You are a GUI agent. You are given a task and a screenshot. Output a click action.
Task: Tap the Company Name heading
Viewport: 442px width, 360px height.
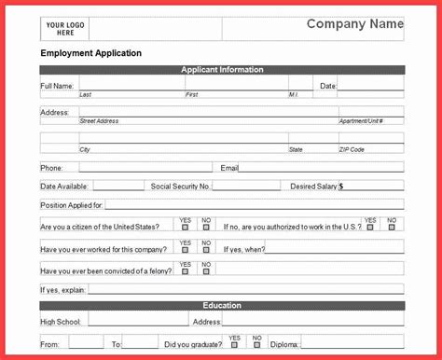point(355,24)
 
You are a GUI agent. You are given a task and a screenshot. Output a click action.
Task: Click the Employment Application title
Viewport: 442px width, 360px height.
point(91,53)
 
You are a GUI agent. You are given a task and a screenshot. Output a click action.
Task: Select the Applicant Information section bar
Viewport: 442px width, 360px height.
point(222,70)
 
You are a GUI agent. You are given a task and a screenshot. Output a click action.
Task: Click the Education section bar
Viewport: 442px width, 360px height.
point(222,306)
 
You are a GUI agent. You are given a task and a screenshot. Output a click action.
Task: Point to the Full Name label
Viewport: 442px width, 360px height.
point(57,86)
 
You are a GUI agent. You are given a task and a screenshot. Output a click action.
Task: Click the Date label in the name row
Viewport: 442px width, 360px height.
point(328,86)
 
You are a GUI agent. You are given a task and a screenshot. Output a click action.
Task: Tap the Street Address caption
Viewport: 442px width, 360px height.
point(101,121)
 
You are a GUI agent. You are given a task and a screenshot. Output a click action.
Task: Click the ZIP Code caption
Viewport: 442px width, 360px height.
point(352,149)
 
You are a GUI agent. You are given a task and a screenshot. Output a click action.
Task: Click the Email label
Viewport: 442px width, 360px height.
point(229,168)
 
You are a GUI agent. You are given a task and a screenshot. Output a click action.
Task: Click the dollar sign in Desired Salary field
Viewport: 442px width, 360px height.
point(341,187)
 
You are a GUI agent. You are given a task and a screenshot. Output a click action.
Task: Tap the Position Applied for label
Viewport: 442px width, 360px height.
point(72,204)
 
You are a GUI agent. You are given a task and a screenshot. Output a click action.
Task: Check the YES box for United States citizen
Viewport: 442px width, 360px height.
point(185,227)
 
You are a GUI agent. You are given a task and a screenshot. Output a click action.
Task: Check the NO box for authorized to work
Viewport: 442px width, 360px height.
point(392,227)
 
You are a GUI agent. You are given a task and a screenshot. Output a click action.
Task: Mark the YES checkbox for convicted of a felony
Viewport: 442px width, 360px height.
point(185,271)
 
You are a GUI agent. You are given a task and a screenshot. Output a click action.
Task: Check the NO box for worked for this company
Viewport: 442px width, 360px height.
point(206,250)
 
